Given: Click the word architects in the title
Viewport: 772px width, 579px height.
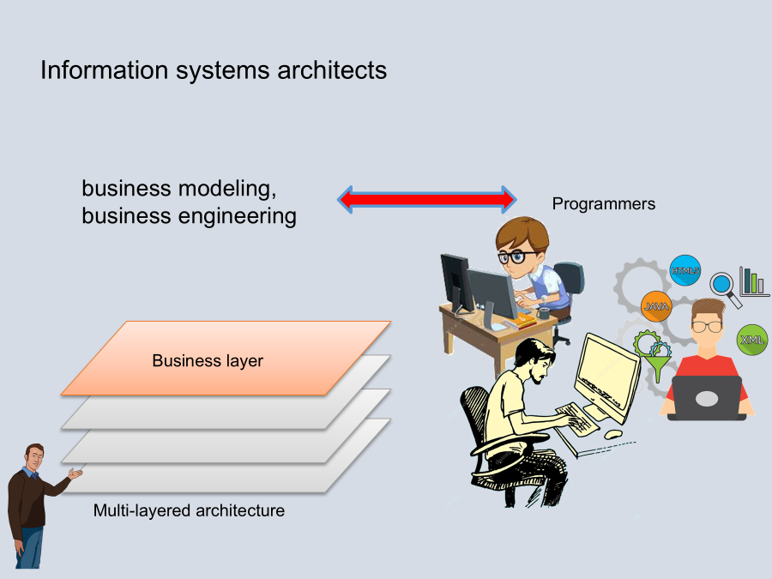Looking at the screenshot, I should click(x=332, y=69).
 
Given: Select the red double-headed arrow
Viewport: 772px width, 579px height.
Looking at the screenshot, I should click(x=426, y=199).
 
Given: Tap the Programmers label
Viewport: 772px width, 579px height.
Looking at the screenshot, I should click(x=603, y=204).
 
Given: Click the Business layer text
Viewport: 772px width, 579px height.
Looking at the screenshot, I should click(x=208, y=361).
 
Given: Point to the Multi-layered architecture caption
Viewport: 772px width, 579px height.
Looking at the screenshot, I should click(x=189, y=511).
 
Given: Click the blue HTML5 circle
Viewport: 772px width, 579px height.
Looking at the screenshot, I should click(x=685, y=270).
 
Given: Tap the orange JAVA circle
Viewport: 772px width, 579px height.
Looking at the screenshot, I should click(x=656, y=306).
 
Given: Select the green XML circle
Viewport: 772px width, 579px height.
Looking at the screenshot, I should click(x=752, y=340).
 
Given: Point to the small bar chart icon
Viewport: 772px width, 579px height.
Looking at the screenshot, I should click(x=753, y=280).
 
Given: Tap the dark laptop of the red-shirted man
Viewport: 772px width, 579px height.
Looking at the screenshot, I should click(x=707, y=398).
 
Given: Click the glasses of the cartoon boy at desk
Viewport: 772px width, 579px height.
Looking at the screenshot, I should click(x=514, y=256).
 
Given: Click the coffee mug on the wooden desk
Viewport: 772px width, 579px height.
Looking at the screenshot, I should click(x=543, y=313).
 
